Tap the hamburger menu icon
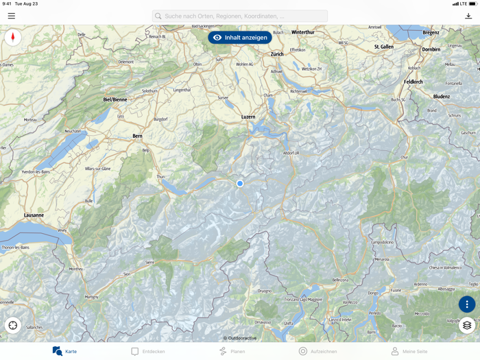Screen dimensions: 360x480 tap(12, 16)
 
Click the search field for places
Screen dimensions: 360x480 tap(239, 16)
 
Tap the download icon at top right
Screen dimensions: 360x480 tap(468, 16)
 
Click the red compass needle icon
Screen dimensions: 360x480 tap(13, 38)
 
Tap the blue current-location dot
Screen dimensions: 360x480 tap(240, 184)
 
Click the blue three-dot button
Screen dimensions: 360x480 tap(467, 304)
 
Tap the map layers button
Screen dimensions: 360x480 tap(467, 326)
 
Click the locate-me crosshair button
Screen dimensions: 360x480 tap(13, 326)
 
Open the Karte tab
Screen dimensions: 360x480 tap(64, 351)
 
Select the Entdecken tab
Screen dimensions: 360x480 tap(148, 351)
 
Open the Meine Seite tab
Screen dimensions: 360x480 tap(409, 351)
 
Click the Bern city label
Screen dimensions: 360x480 tap(137, 136)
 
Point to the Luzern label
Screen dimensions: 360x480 tap(248, 117)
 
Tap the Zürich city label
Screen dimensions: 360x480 tap(277, 54)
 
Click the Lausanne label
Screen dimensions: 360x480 tap(34, 215)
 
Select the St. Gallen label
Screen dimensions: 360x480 tap(384, 47)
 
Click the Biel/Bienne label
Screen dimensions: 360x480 tap(115, 99)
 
